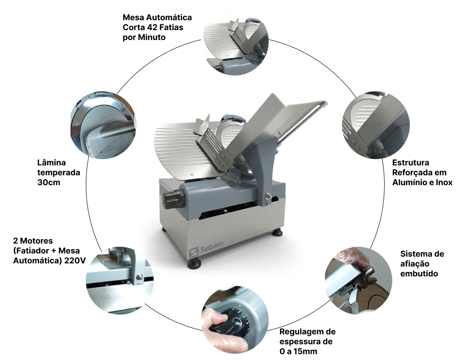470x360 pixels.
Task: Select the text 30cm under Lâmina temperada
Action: [49, 182]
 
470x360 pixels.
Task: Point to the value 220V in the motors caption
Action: [75, 261]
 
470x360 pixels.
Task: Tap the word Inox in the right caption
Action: [444, 182]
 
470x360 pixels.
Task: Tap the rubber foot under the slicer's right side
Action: [277, 232]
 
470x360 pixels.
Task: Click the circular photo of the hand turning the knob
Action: [235, 320]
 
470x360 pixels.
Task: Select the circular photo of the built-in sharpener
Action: [359, 280]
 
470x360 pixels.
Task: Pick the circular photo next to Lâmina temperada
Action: [104, 125]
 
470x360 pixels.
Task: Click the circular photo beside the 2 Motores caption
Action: [120, 280]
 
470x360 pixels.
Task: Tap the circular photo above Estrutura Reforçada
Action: [376, 125]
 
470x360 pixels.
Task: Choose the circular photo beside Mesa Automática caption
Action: [236, 42]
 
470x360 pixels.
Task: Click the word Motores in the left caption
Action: [36, 241]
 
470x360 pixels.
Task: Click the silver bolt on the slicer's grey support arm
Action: [268, 196]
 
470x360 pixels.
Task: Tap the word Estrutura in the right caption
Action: [411, 162]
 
